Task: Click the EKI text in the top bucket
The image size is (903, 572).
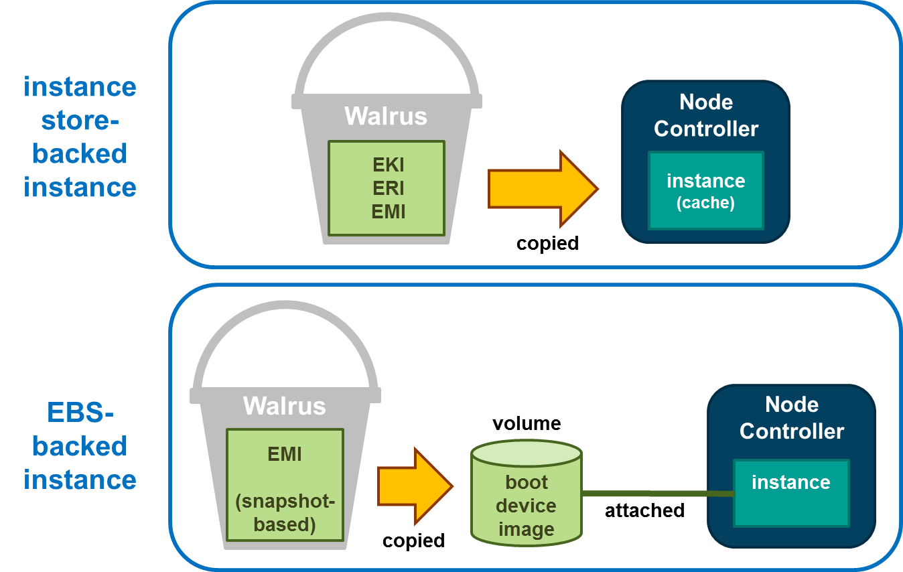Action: point(389,165)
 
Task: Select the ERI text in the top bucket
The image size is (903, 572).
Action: point(389,188)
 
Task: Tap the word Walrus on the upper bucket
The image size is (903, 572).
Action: point(386,116)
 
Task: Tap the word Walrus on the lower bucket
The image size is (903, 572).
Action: point(284,406)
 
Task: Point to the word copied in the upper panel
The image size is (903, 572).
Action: point(547,243)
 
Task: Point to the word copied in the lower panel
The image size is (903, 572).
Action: point(413,541)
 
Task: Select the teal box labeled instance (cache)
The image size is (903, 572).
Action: point(705,190)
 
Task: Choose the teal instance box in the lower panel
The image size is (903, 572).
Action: point(791,492)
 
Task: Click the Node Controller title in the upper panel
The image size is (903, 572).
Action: point(706,115)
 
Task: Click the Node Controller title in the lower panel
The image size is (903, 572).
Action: point(791,418)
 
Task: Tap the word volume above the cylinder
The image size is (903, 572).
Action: point(527,423)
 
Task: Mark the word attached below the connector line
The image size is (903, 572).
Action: point(644,510)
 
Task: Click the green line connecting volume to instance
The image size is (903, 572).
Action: point(656,494)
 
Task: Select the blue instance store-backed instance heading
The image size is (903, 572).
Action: point(80,137)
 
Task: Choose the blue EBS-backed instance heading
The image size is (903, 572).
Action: point(80,446)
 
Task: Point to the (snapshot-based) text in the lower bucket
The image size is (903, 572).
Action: point(285,512)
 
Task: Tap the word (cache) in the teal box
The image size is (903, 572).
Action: point(705,203)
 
